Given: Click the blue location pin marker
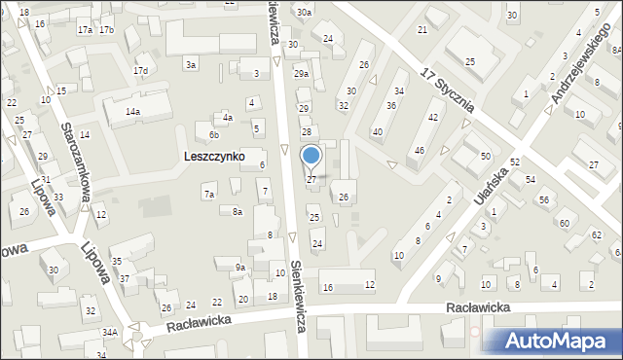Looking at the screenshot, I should click(311, 157).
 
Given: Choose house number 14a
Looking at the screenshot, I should click(131, 112).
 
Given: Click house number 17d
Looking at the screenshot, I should click(141, 71).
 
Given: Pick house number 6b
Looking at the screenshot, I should click(213, 134).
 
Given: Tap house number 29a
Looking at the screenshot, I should click(302, 74).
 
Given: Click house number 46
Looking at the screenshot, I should click(420, 151).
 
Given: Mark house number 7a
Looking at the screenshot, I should click(208, 195).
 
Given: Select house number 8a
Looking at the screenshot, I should click(237, 211).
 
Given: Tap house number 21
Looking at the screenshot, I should click(422, 30).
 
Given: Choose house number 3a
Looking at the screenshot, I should click(192, 64).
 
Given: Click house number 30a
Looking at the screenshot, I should click(305, 13).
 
